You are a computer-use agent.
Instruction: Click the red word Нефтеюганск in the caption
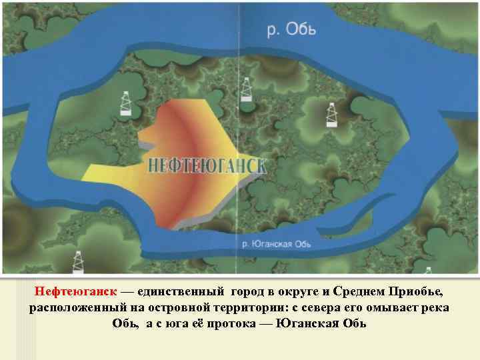click(75, 293)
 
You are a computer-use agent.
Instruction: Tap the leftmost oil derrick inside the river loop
click(125, 103)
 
